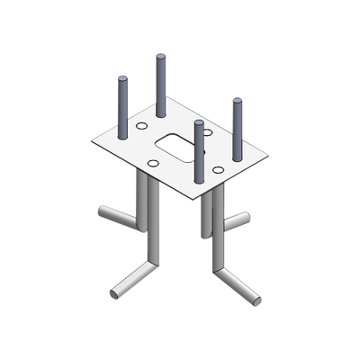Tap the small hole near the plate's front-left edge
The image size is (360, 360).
coord(154,162)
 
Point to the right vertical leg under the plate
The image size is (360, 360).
coord(216,234)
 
